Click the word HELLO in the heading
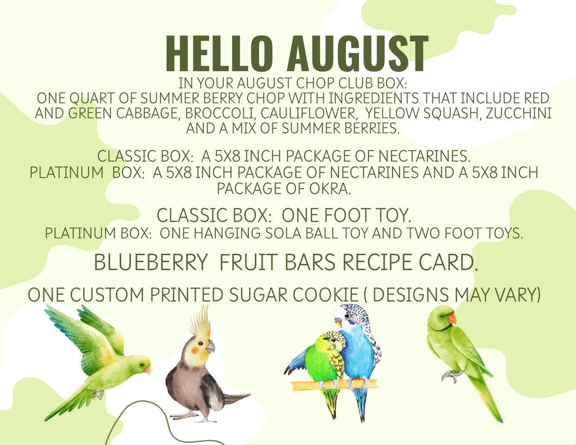(x=220, y=54)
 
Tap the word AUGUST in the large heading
(x=358, y=54)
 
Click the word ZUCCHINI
(x=519, y=114)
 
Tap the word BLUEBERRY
(x=151, y=262)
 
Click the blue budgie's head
(x=350, y=318)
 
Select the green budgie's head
(x=333, y=341)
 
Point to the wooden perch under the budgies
(x=334, y=385)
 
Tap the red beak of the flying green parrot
(x=148, y=369)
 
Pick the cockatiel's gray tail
(x=236, y=398)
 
